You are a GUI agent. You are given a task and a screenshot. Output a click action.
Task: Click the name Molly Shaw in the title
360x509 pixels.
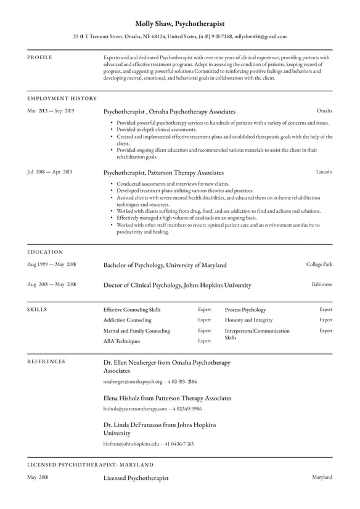tap(153, 23)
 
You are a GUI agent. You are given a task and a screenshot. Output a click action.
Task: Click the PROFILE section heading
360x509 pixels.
tap(39, 57)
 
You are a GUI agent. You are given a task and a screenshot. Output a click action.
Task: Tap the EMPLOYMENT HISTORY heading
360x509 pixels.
tap(62, 98)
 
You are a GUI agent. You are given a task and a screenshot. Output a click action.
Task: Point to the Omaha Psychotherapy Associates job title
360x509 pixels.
tap(169, 112)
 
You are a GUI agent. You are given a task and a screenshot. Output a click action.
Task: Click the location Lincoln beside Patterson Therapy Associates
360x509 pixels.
tap(324, 172)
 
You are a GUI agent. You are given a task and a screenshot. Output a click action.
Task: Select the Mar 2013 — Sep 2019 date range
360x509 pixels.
tap(51, 111)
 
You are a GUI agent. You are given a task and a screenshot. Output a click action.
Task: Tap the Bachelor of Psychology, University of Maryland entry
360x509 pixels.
tap(165, 265)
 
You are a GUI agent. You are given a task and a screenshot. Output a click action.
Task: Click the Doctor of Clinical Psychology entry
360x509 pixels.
tap(177, 285)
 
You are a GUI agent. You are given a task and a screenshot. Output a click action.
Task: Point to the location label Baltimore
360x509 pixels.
tap(322, 284)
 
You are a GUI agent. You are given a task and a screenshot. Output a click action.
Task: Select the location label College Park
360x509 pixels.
tap(319, 264)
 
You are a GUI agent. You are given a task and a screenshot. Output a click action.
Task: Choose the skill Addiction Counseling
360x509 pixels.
tap(127, 320)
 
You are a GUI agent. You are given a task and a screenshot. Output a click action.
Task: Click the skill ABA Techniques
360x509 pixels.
tap(121, 341)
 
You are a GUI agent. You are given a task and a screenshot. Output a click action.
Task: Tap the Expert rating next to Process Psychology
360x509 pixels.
tap(325, 310)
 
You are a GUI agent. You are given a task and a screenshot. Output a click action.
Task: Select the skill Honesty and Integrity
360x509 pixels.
tap(250, 320)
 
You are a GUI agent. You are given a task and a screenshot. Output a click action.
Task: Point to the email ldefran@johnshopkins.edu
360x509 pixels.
tap(131, 444)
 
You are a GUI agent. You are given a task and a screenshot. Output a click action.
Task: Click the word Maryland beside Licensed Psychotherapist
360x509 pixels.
tap(322, 477)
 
